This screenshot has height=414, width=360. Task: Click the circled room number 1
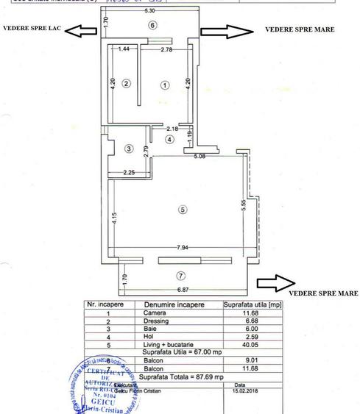[x=165, y=85]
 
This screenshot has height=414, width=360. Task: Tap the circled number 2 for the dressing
[x=126, y=84]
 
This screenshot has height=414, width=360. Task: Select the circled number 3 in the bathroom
[x=129, y=149]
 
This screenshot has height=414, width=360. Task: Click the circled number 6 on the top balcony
[x=152, y=25]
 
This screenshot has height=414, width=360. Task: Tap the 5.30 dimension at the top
[x=150, y=13]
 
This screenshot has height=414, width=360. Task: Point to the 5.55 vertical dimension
[x=242, y=207]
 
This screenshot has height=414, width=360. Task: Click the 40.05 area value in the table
[x=246, y=344]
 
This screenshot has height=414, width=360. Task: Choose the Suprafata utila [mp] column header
[x=252, y=304]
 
